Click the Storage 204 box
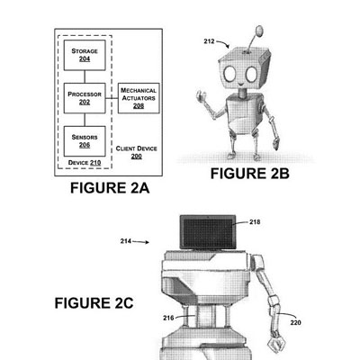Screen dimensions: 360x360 pyautogui.click(x=85, y=55)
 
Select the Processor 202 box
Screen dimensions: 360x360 pyautogui.click(x=85, y=98)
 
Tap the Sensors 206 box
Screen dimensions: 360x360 pyautogui.click(x=85, y=141)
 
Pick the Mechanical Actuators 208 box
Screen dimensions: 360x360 pyautogui.click(x=139, y=98)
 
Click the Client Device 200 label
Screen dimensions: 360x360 pyautogui.click(x=137, y=152)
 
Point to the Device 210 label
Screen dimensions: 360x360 pyautogui.click(x=85, y=163)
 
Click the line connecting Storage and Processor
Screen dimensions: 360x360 pyautogui.click(x=85, y=76)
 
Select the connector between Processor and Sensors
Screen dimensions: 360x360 pyautogui.click(x=85, y=120)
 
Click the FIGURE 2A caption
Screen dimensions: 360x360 pyautogui.click(x=110, y=188)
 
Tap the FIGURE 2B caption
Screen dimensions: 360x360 pyautogui.click(x=250, y=174)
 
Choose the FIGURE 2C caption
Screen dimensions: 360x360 pyautogui.click(x=94, y=303)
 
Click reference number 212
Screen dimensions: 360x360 pyautogui.click(x=209, y=41)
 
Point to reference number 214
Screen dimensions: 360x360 pyautogui.click(x=126, y=241)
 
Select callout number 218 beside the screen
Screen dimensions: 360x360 pyautogui.click(x=255, y=222)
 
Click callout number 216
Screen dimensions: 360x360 pyautogui.click(x=168, y=318)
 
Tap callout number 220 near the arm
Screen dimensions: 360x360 pyautogui.click(x=295, y=323)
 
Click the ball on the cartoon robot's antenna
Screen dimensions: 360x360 pyautogui.click(x=259, y=31)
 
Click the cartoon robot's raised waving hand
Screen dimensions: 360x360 pyautogui.click(x=202, y=97)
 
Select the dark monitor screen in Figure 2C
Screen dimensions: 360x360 pyautogui.click(x=208, y=233)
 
